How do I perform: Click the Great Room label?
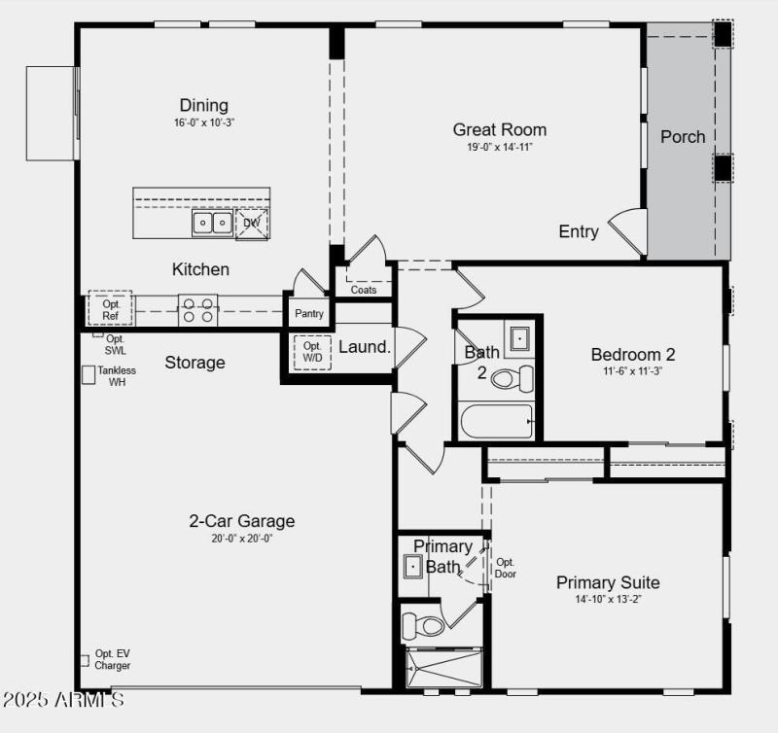click(x=500, y=129)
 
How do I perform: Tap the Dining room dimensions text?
click(x=204, y=122)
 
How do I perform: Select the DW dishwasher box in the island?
click(x=252, y=224)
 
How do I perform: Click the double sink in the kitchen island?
click(x=212, y=224)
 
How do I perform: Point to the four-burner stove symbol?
click(x=197, y=311)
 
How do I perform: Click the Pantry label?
click(x=309, y=314)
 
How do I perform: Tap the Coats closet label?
click(x=364, y=290)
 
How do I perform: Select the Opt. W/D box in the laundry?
click(x=312, y=351)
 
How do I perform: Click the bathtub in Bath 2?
click(x=496, y=422)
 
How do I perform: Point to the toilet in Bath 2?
click(x=513, y=377)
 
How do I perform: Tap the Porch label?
click(x=683, y=137)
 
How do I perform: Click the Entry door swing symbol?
click(x=630, y=231)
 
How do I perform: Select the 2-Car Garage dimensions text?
click(x=241, y=539)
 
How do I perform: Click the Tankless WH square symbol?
click(x=88, y=373)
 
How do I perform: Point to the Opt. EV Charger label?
click(x=112, y=660)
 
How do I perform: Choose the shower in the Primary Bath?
click(x=444, y=669)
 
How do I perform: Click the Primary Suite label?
click(x=608, y=582)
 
